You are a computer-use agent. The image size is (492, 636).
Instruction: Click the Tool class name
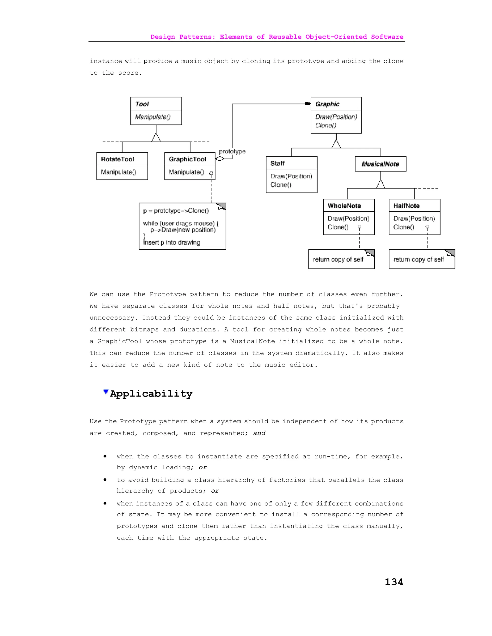[x=142, y=104]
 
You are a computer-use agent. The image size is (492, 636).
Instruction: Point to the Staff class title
[x=277, y=163]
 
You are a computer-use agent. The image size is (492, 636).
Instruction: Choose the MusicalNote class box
[x=380, y=164]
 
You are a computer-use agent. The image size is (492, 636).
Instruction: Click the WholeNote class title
[x=344, y=206]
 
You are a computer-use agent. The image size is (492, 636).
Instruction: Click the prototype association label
[x=232, y=151]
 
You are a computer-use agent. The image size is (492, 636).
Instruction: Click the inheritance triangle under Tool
[x=156, y=138]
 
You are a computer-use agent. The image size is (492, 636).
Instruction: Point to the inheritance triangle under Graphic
[x=336, y=144]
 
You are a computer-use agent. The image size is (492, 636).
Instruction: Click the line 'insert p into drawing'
[x=172, y=243]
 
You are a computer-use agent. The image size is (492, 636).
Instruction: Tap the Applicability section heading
[x=151, y=394]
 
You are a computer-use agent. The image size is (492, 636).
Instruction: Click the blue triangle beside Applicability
[x=106, y=392]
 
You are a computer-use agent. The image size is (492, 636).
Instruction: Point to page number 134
[x=394, y=582]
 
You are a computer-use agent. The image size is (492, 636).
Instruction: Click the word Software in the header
[x=387, y=37]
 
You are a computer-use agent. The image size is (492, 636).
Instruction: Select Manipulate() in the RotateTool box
[x=119, y=172]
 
